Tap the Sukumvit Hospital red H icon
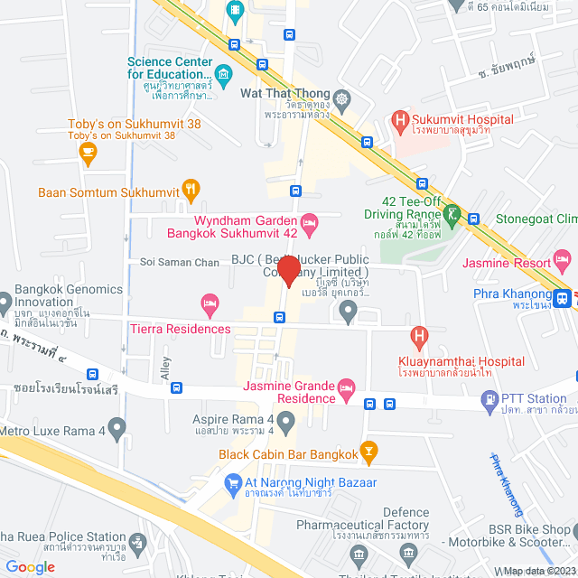point(399,120)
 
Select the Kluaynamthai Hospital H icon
point(418,338)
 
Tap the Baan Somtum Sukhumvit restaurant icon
point(191,190)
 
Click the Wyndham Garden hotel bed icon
point(309,220)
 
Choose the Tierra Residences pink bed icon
point(210,301)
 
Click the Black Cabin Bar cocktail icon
point(368,450)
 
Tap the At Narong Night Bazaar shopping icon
point(231,481)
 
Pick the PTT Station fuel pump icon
point(489,397)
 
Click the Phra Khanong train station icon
point(564,295)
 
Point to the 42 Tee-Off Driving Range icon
point(451,214)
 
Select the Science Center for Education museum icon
point(223,73)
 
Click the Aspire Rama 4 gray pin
point(285,420)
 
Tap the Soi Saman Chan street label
point(180,262)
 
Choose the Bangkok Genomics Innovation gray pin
point(5,297)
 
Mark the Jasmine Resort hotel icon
point(563,263)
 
